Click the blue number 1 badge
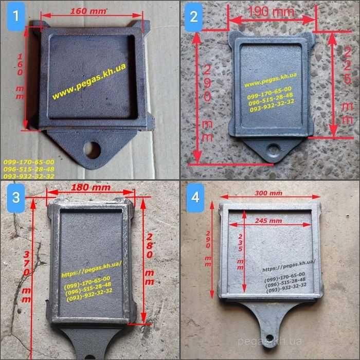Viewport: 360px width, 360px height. click(16, 16)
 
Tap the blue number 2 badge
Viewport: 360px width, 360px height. click(194, 17)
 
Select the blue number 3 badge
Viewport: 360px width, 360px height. click(16, 198)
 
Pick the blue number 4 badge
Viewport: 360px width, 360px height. click(195, 198)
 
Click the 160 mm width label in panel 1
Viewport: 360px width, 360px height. click(88, 11)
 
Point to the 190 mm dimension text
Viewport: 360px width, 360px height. click(271, 11)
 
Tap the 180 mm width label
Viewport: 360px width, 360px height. click(91, 187)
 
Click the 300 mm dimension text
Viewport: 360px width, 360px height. click(268, 193)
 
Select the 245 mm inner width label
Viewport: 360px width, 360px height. click(268, 221)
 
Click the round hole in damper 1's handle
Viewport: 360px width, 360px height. click(93, 150)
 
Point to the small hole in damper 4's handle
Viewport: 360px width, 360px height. click(269, 338)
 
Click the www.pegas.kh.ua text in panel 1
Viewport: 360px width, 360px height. click(89, 81)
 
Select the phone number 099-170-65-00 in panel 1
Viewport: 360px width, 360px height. click(29, 162)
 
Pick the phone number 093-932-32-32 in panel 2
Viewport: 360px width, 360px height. click(272, 105)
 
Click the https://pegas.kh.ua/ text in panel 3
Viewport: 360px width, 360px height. click(92, 269)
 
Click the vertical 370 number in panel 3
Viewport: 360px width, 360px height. click(26, 263)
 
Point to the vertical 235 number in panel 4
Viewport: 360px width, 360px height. click(240, 243)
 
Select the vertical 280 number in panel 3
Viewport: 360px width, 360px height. click(150, 246)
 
